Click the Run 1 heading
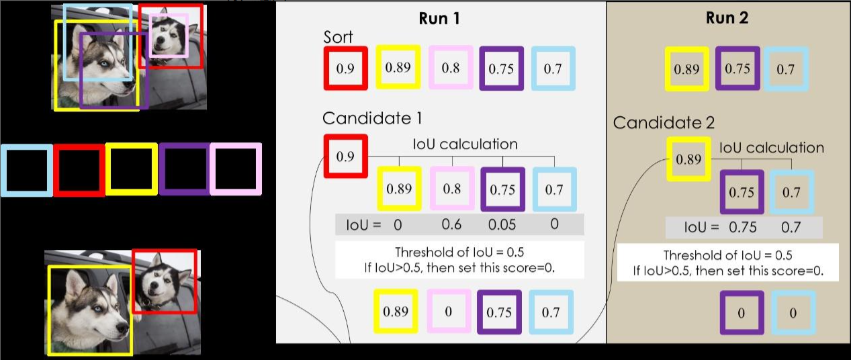click(x=440, y=18)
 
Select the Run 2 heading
click(x=727, y=18)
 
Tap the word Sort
click(x=339, y=37)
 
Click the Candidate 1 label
click(x=372, y=118)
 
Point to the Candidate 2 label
click(x=664, y=123)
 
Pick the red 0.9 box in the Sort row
click(x=345, y=69)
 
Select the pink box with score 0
click(x=449, y=311)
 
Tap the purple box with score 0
click(x=742, y=313)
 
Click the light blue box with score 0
click(x=793, y=313)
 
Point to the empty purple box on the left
click(x=184, y=169)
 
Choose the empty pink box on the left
click(x=235, y=169)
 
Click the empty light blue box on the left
click(x=27, y=170)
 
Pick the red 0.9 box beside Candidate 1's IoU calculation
click(x=345, y=156)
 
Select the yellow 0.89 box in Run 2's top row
click(x=686, y=69)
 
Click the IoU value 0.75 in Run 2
click(x=742, y=227)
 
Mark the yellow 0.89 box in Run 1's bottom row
click(x=396, y=311)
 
